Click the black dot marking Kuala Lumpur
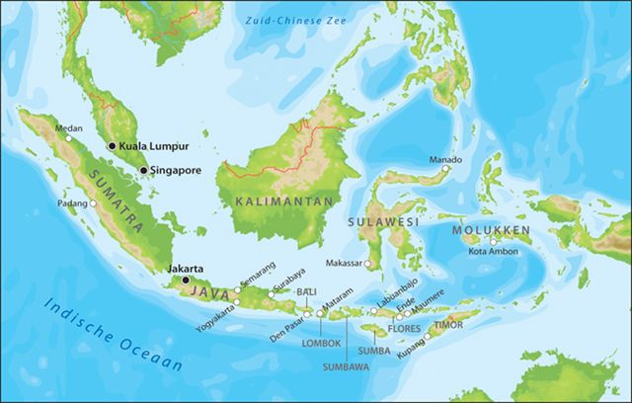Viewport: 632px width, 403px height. tap(112, 145)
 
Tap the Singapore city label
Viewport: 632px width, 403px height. tap(177, 170)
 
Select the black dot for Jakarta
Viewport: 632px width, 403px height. tap(185, 280)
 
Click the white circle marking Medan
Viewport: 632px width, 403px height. tap(68, 138)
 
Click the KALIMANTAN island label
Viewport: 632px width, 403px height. tap(269, 201)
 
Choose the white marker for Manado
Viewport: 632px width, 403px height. tap(445, 170)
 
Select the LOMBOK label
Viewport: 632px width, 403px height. tap(321, 343)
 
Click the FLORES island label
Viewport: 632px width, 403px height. tap(405, 327)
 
